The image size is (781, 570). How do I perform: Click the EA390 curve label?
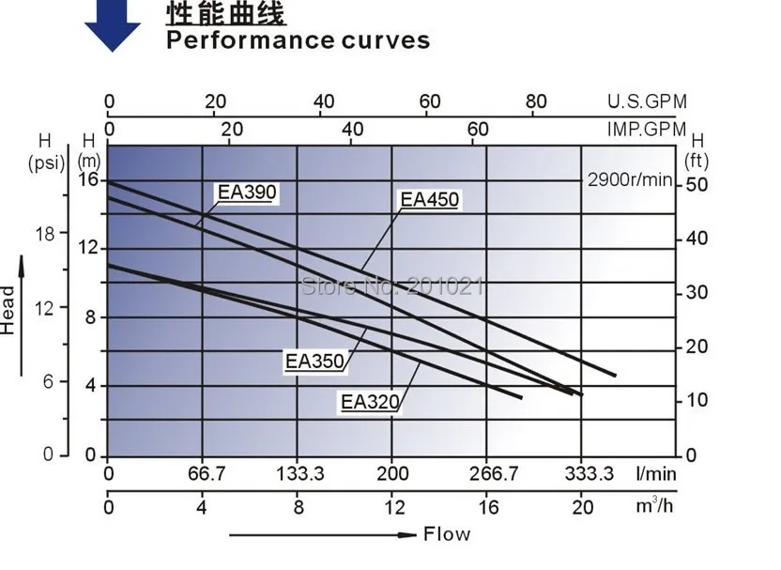(248, 193)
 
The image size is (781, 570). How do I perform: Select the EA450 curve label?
(429, 199)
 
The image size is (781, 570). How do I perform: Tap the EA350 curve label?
(315, 361)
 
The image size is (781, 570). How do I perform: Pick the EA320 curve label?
(370, 403)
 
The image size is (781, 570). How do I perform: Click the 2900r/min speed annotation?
(631, 179)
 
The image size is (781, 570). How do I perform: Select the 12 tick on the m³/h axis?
(394, 508)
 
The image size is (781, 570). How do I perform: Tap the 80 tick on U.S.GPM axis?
(536, 102)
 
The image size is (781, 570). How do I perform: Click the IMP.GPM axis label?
(646, 129)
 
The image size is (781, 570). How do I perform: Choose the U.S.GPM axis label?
(647, 102)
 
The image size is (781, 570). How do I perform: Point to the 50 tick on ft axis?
(697, 184)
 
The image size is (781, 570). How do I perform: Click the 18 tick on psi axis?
(45, 234)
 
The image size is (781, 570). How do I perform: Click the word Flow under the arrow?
(447, 534)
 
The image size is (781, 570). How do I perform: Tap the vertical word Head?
(9, 309)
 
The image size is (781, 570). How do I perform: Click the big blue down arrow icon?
(114, 27)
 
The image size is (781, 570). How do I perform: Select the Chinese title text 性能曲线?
(226, 15)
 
